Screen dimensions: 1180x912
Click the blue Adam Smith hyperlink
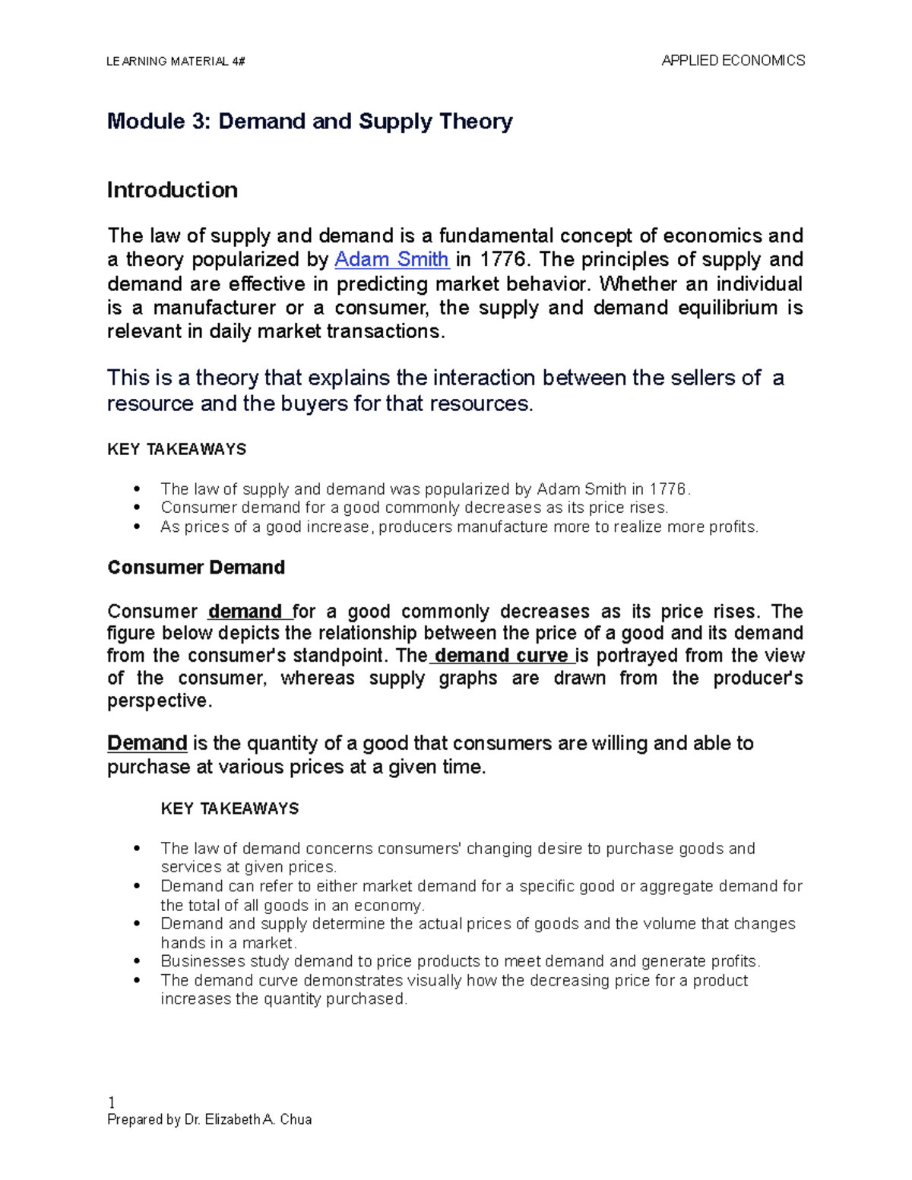(x=391, y=260)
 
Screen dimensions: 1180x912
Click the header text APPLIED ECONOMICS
(x=733, y=61)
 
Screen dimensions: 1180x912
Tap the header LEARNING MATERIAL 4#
(x=176, y=62)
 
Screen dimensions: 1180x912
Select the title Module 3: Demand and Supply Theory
(x=309, y=122)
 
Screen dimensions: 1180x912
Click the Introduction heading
(x=172, y=190)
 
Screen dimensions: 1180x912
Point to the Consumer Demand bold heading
(x=196, y=568)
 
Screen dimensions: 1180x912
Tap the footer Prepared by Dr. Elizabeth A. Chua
(x=210, y=1119)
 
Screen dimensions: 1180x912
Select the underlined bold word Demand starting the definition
(x=147, y=743)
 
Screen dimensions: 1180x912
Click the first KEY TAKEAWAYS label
(x=177, y=450)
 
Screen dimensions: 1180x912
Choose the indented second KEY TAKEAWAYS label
(x=230, y=808)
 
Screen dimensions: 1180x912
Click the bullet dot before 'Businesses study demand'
(x=137, y=962)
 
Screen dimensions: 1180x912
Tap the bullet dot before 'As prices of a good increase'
(x=137, y=527)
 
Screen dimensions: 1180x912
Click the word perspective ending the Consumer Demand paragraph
(x=157, y=701)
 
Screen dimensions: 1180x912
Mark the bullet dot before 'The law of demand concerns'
(x=137, y=849)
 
